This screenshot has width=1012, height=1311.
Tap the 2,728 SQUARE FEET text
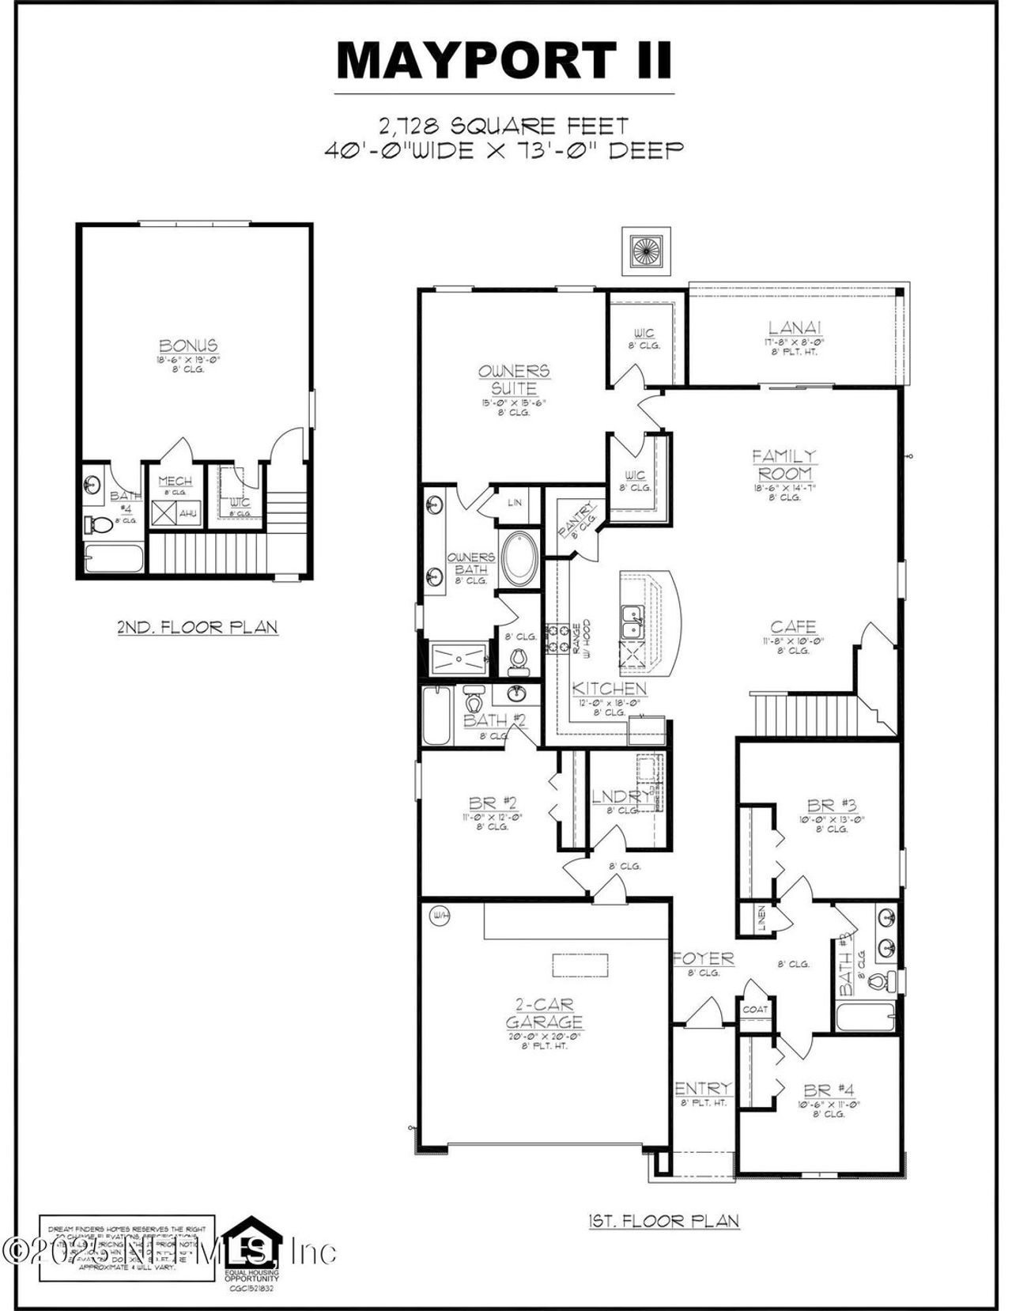(x=504, y=125)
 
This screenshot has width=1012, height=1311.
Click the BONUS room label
(x=188, y=346)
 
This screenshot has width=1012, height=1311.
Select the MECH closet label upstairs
(x=175, y=482)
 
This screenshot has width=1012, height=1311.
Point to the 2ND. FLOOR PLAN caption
(x=198, y=628)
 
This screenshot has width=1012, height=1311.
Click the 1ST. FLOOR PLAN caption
(x=664, y=1221)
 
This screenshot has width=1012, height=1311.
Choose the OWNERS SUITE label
(x=514, y=380)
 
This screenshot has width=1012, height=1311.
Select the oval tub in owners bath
(x=519, y=559)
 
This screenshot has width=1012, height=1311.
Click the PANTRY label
(x=577, y=520)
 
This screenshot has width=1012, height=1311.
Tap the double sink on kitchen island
(x=632, y=621)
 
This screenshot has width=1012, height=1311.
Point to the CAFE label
(x=793, y=628)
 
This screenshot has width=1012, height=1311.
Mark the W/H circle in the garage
(x=440, y=916)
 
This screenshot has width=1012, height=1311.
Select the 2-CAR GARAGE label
(x=544, y=1014)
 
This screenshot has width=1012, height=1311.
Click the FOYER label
(x=704, y=959)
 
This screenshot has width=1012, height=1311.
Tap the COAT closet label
(x=754, y=1010)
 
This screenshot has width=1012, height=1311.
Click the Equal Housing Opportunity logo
(x=251, y=1243)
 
